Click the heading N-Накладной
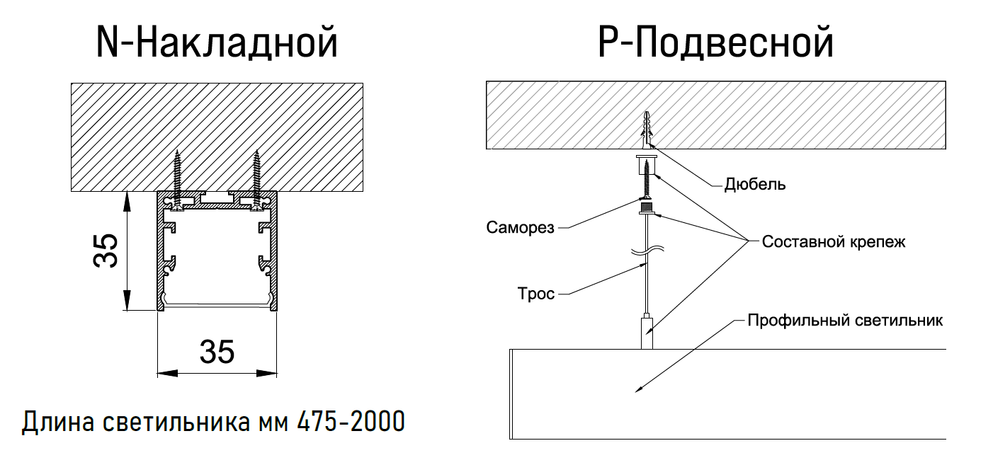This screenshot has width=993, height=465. tap(216, 43)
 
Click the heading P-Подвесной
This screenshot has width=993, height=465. tap(715, 43)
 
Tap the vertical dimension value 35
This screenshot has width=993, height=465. tap(107, 251)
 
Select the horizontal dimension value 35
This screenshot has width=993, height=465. tap(217, 352)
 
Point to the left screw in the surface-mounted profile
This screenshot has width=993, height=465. tap(176, 177)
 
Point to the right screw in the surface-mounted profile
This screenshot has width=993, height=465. tap(257, 177)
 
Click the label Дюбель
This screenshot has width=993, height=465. tap(755, 185)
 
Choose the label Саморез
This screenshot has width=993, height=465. tap(521, 228)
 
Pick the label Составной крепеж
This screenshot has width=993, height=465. tap(834, 241)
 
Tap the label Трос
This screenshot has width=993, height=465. tap(536, 293)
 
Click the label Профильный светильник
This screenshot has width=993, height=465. tap(845, 321)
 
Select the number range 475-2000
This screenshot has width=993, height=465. tap(351, 422)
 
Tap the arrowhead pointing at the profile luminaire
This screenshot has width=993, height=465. tap(638, 388)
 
